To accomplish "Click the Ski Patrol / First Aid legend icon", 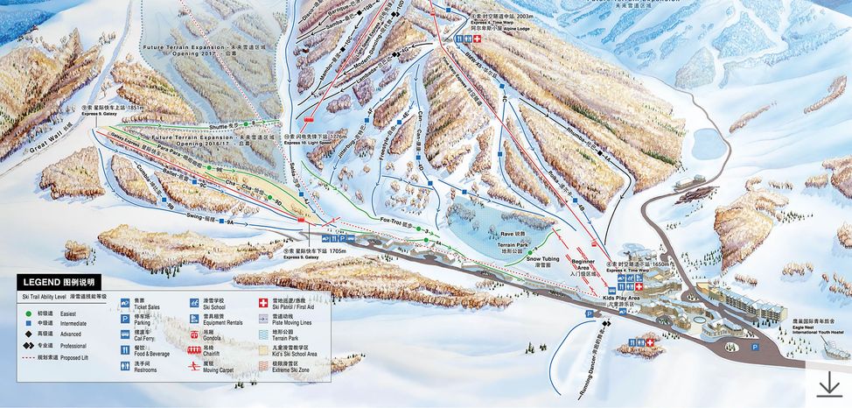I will tap(263, 303).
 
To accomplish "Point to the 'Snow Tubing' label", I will tap(543, 259).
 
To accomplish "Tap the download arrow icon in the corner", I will tap(828, 383).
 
